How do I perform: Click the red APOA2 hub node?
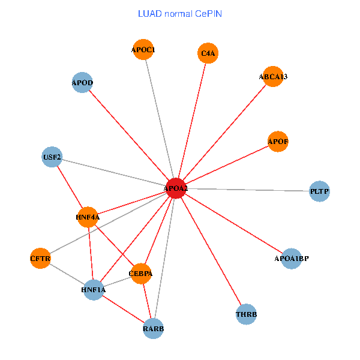pos(176,188)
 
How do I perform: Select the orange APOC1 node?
pos(143,50)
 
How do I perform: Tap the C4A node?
pos(208,53)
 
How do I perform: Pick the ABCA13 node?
pos(273,76)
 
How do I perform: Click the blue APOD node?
pos(82,82)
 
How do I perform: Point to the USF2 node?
pos(52,157)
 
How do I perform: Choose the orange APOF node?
pos(278,142)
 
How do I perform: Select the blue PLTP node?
pos(319,191)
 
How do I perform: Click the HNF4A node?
pos(88,217)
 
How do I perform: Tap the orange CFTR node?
pos(40,259)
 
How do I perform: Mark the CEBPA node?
pos(140,274)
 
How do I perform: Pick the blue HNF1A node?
pos(93,290)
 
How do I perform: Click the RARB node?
pos(153,328)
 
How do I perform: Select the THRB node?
pos(247,314)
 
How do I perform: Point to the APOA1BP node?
pos(291,259)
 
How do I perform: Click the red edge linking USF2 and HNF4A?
pos(70,187)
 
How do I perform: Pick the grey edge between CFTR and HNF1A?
pos(67,274)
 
